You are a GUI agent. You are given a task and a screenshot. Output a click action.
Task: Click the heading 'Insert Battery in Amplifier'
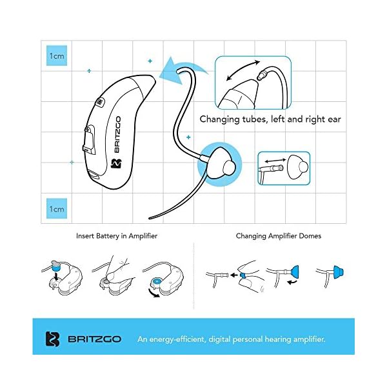(117, 236)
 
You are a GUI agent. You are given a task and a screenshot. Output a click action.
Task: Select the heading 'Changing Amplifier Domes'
(278, 236)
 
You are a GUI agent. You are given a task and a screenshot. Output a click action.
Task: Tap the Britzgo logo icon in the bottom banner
(53, 339)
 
